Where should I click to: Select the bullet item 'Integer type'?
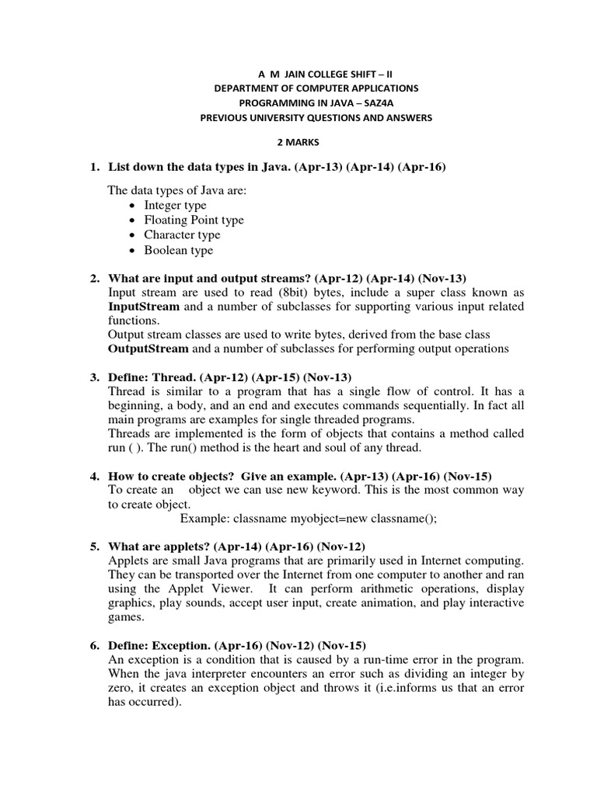pyautogui.click(x=175, y=206)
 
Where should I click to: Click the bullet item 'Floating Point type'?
pyautogui.click(x=194, y=220)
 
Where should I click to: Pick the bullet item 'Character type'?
pyautogui.click(x=182, y=235)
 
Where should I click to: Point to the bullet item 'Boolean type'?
pyautogui.click(x=178, y=250)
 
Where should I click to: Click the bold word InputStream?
pyautogui.click(x=144, y=307)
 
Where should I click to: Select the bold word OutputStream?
pyautogui.click(x=148, y=349)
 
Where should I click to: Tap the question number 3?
pyautogui.click(x=94, y=377)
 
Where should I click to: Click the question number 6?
pyautogui.click(x=94, y=645)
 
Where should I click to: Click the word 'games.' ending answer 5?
pyautogui.click(x=127, y=617)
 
